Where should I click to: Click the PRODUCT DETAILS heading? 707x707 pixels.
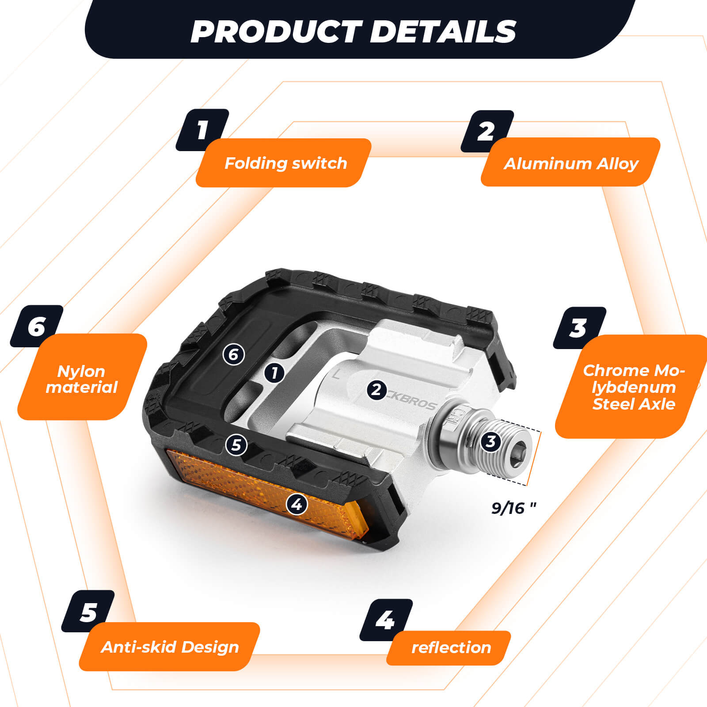click(353, 31)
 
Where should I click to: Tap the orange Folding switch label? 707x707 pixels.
click(285, 163)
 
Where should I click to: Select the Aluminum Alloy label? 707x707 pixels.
click(570, 163)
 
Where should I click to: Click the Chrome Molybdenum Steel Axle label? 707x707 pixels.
click(633, 387)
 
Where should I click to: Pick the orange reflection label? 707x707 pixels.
click(451, 647)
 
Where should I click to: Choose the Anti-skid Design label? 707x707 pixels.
click(170, 647)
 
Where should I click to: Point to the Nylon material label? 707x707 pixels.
click(82, 379)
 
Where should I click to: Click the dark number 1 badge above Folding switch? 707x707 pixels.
click(202, 130)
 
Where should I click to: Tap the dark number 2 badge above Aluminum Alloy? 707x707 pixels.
click(487, 131)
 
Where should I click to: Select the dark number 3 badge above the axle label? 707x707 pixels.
click(579, 328)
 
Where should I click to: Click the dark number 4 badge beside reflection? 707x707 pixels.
click(386, 620)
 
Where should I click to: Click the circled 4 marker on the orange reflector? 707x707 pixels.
click(297, 504)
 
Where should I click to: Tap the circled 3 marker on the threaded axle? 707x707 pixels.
click(490, 441)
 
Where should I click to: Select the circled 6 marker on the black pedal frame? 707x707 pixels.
click(234, 354)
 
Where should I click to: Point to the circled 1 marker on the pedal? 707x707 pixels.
click(274, 373)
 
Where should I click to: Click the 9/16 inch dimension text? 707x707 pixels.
click(513, 508)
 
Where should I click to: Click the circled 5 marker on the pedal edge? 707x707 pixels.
click(236, 445)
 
